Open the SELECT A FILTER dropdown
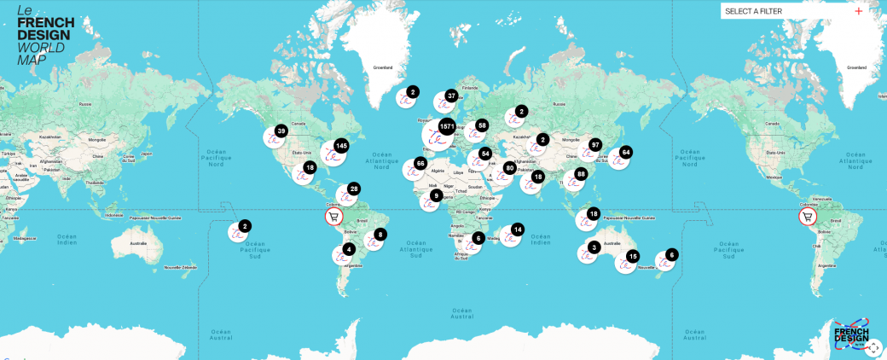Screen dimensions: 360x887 coord(785,11)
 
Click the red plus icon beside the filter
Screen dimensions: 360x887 coord(858,11)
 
